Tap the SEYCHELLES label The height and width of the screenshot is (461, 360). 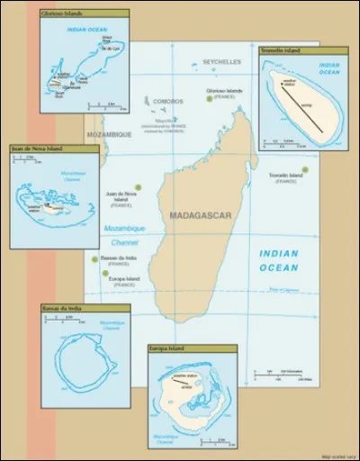point(221,62)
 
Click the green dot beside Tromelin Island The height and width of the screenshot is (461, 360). point(305,169)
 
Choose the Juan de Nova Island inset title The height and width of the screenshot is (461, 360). point(55,149)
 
